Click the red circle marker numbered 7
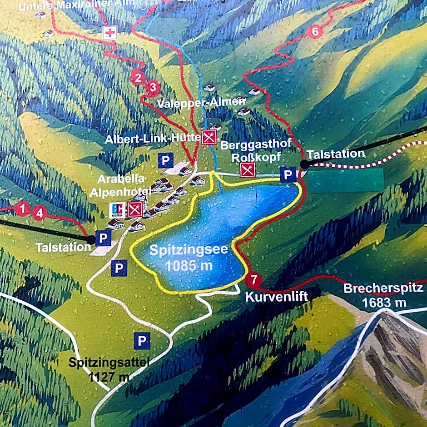pos(254,279)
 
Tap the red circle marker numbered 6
pos(314,32)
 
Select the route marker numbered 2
pos(137,78)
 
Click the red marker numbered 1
pos(22,209)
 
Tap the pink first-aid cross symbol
pos(109,33)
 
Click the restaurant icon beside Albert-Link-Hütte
pos(209,137)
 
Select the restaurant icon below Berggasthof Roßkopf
pos(248,170)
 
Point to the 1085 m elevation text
pos(189,265)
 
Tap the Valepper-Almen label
pos(201,103)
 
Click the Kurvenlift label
pos(277,297)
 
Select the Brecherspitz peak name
pos(383,288)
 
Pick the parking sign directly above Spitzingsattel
pos(142,340)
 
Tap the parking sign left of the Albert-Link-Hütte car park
pos(166,160)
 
